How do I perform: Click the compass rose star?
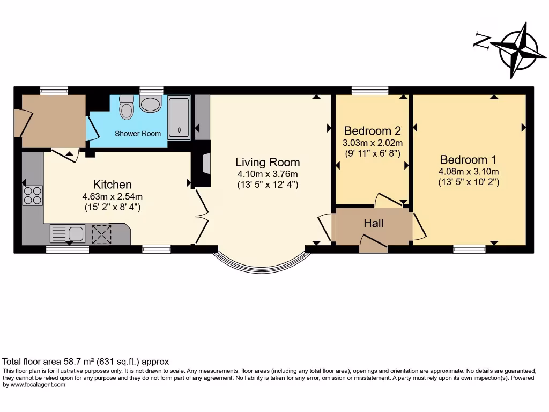pyautogui.click(x=518, y=49)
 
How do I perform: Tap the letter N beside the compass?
pyautogui.click(x=482, y=40)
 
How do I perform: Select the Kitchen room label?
pyautogui.click(x=112, y=185)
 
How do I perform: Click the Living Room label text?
pyautogui.click(x=268, y=162)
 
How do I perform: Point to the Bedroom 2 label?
pyautogui.click(x=372, y=130)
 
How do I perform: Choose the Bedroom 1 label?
pyautogui.click(x=468, y=159)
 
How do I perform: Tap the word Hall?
pyautogui.click(x=373, y=223)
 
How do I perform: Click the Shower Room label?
pyautogui.click(x=138, y=134)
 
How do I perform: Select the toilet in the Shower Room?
pyautogui.click(x=127, y=107)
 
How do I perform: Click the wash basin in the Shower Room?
pyautogui.click(x=150, y=103)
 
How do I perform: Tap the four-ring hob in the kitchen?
pyautogui.click(x=33, y=195)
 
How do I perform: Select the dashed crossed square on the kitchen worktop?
pyautogui.click(x=101, y=234)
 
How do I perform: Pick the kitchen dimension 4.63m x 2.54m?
pyautogui.click(x=112, y=196)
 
